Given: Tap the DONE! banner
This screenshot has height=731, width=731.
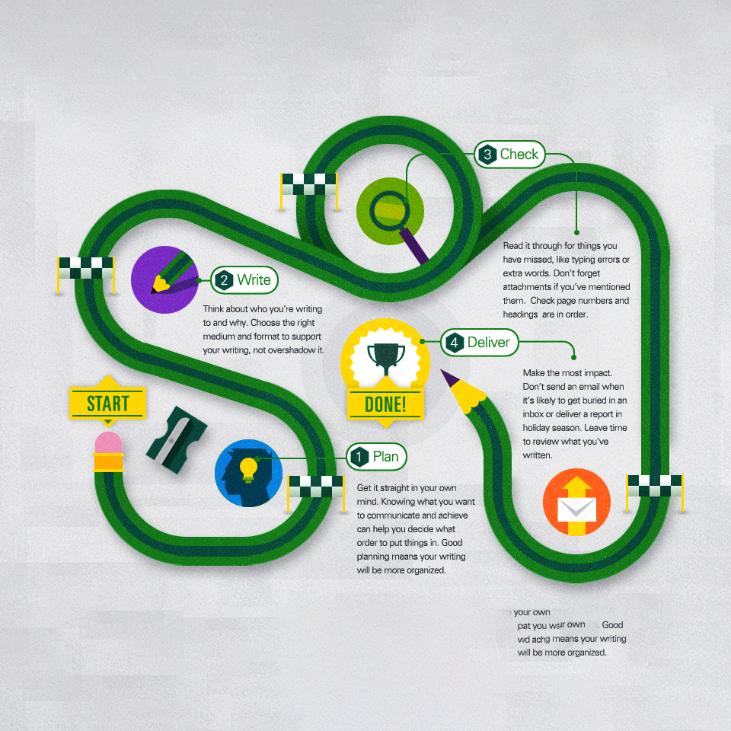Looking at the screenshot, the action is click(385, 404).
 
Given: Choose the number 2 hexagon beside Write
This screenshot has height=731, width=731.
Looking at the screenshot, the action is click(222, 280).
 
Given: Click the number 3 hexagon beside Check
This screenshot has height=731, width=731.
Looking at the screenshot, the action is click(487, 155).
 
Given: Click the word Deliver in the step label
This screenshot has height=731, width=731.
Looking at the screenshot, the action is click(488, 343).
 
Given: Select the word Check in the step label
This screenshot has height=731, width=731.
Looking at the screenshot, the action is click(519, 154).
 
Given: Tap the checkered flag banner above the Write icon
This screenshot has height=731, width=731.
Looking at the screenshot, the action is click(86, 267).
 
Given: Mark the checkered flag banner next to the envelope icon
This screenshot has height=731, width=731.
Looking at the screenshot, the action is click(654, 485).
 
